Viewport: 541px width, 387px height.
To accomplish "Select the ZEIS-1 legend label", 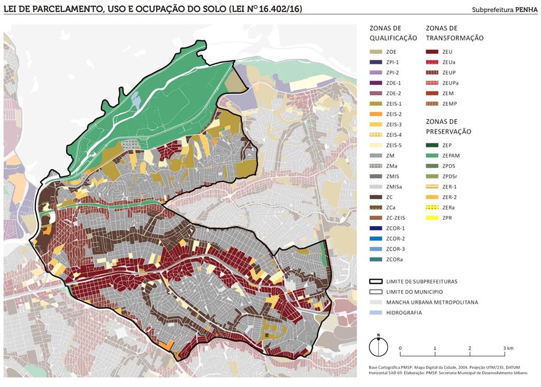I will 394,104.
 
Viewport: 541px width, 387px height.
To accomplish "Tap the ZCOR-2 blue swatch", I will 376,238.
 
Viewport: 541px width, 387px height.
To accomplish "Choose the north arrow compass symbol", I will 378,347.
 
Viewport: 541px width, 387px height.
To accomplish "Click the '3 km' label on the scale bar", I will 508,348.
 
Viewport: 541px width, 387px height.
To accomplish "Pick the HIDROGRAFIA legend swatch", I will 376,312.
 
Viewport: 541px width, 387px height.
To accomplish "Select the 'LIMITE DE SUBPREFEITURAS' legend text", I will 422,281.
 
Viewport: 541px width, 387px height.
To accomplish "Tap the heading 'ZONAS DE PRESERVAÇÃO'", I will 449,126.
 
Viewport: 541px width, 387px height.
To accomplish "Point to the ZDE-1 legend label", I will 394,83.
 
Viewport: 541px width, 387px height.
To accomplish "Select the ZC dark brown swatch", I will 376,197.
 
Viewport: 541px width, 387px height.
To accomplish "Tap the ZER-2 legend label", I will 450,197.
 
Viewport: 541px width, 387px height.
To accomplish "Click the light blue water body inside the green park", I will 136,100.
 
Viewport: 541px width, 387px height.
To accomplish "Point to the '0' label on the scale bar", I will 400,348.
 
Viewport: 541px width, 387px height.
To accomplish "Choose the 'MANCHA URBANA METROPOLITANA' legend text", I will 432,302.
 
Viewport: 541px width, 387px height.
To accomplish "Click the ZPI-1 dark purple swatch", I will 376,62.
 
